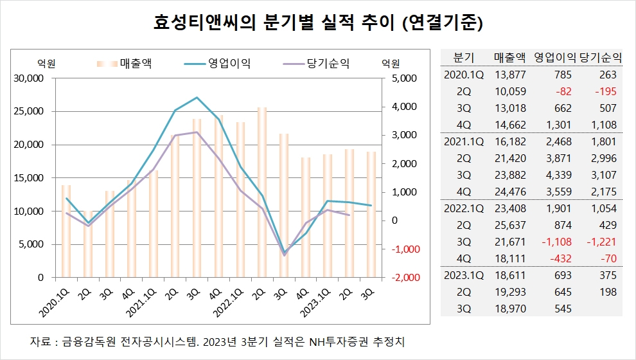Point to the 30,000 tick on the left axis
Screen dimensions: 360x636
click(28, 78)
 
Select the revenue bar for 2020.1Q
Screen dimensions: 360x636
click(66, 231)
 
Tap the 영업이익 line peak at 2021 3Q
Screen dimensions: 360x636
click(197, 98)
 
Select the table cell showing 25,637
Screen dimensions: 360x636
click(511, 225)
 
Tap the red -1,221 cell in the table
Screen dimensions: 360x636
click(601, 242)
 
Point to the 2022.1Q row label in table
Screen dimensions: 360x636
click(464, 208)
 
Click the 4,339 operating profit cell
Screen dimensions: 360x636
click(558, 175)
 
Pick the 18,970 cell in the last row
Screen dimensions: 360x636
click(511, 309)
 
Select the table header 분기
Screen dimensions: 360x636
click(464, 57)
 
